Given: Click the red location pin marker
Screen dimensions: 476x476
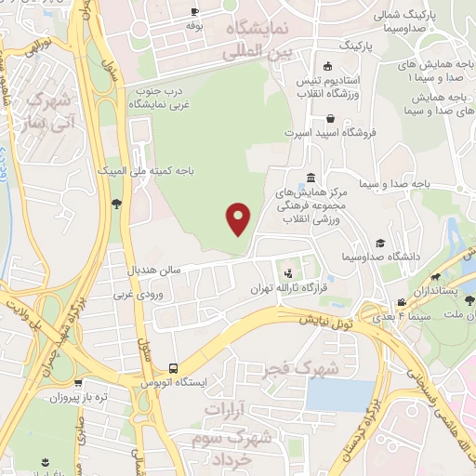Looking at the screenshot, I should pyautogui.click(x=239, y=218).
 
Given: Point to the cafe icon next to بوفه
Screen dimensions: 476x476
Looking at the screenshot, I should pyautogui.click(x=193, y=11).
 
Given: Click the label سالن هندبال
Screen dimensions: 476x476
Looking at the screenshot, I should pyautogui.click(x=157, y=271).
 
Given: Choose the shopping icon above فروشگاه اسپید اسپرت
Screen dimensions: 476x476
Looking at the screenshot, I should pyautogui.click(x=331, y=118).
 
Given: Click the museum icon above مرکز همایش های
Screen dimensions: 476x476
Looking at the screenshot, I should pyautogui.click(x=310, y=178).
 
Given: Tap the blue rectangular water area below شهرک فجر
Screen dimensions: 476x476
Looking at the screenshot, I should pyautogui.click(x=340, y=395).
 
